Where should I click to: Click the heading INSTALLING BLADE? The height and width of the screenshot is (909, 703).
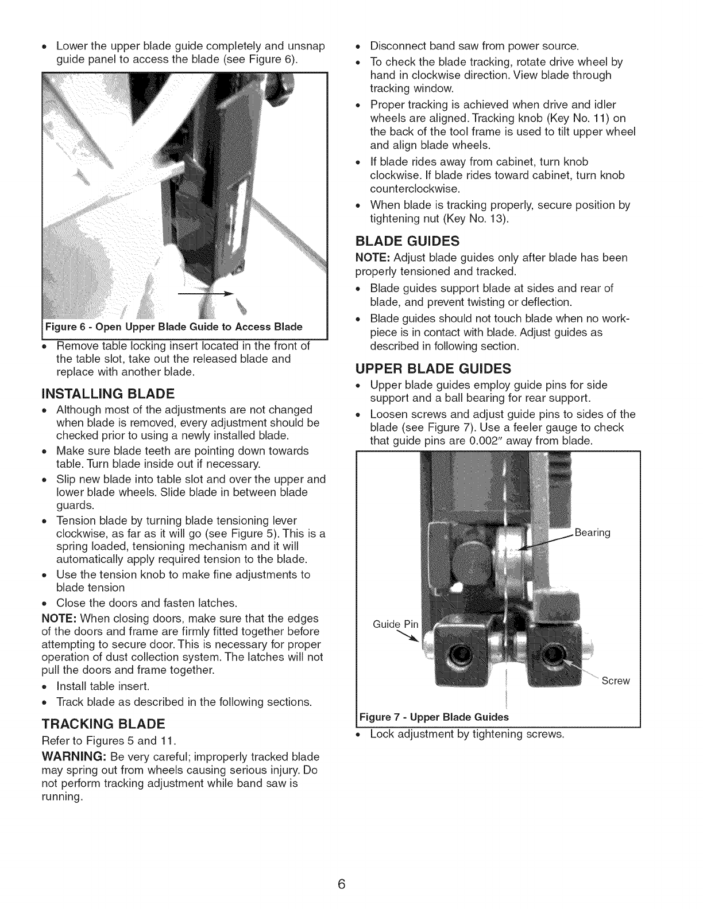[107, 394]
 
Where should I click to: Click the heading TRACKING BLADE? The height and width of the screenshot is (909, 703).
[102, 722]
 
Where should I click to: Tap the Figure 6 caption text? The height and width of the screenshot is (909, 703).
[173, 327]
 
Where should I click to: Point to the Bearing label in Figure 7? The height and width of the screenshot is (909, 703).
[592, 533]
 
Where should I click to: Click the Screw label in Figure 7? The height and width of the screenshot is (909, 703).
[616, 681]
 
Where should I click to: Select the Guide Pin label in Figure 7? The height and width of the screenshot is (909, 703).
[396, 624]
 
